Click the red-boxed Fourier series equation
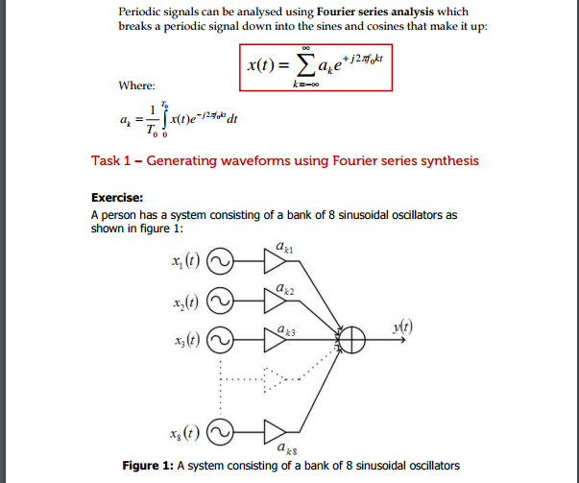[316, 65]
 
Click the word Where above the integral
[136, 85]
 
